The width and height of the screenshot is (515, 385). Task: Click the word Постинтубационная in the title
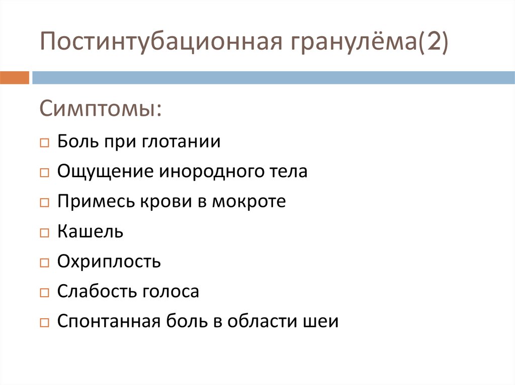(160, 42)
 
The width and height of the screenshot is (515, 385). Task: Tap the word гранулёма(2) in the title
(367, 42)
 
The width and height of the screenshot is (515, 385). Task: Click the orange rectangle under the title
(14, 78)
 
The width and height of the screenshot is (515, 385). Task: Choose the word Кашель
(90, 231)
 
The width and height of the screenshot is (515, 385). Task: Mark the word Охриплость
(109, 262)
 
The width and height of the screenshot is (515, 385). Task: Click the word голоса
(171, 291)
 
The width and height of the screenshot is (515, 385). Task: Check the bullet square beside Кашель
(44, 233)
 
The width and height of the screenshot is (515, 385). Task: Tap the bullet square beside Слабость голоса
(44, 293)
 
